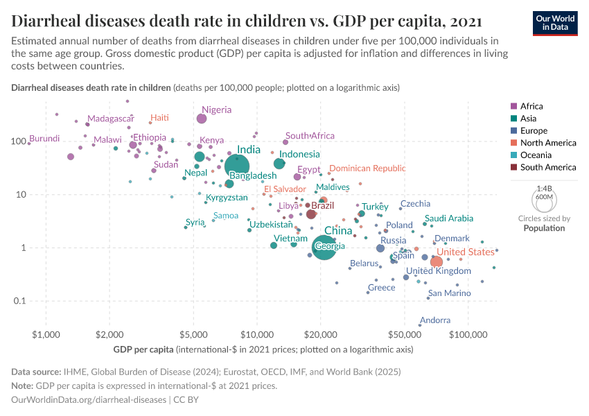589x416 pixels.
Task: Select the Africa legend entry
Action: click(531, 106)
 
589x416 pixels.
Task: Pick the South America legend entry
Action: click(547, 167)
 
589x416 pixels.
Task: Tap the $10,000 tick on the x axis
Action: click(257, 336)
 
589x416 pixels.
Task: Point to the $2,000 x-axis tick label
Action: click(109, 336)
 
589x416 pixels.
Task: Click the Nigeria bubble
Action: click(202, 119)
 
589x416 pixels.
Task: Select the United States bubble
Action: click(437, 262)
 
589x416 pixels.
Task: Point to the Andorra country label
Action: click(435, 320)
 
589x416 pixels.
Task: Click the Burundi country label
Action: click(44, 139)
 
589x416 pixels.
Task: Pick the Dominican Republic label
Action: click(367, 168)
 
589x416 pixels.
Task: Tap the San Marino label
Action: click(449, 293)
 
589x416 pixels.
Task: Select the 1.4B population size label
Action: click(544, 189)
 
